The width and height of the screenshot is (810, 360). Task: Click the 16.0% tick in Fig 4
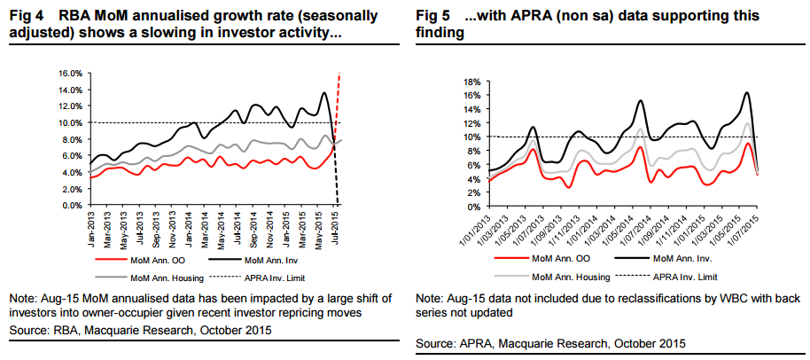coord(71,73)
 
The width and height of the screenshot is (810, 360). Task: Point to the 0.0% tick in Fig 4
coord(73,206)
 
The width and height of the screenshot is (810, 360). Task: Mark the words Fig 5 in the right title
coord(432,17)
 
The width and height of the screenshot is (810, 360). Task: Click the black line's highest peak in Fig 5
coord(747,93)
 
